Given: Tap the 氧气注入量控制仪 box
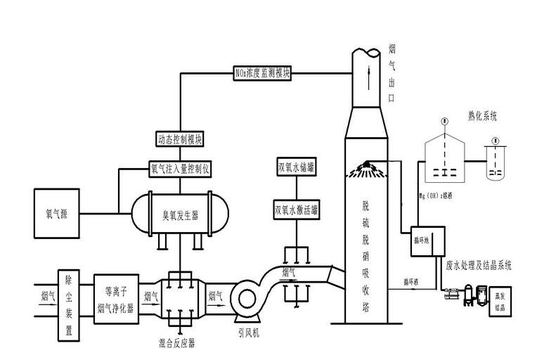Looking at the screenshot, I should (179, 169).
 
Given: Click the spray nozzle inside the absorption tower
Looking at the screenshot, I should (368, 166).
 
